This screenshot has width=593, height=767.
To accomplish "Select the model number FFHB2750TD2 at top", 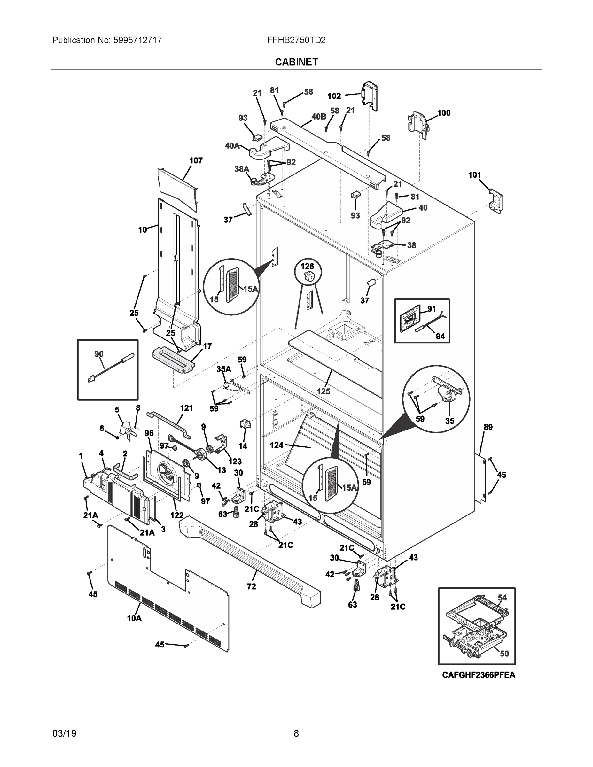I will click(296, 40).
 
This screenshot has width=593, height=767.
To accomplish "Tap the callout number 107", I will click(196, 160).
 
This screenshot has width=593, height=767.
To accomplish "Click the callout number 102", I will click(334, 96).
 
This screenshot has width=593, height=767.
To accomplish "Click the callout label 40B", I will click(319, 117).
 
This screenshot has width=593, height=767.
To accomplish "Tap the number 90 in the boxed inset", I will click(99, 354).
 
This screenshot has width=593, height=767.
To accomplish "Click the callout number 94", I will click(440, 336).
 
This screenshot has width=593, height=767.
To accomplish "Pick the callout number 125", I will click(323, 391).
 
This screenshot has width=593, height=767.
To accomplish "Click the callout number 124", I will click(276, 445).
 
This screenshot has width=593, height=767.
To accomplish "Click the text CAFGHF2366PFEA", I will click(479, 675).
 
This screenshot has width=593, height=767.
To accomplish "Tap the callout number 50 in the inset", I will click(504, 653).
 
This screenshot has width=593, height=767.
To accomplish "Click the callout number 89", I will click(488, 427).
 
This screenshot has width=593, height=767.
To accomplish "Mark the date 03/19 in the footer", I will click(64, 733).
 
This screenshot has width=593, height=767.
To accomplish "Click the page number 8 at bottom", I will click(296, 733).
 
